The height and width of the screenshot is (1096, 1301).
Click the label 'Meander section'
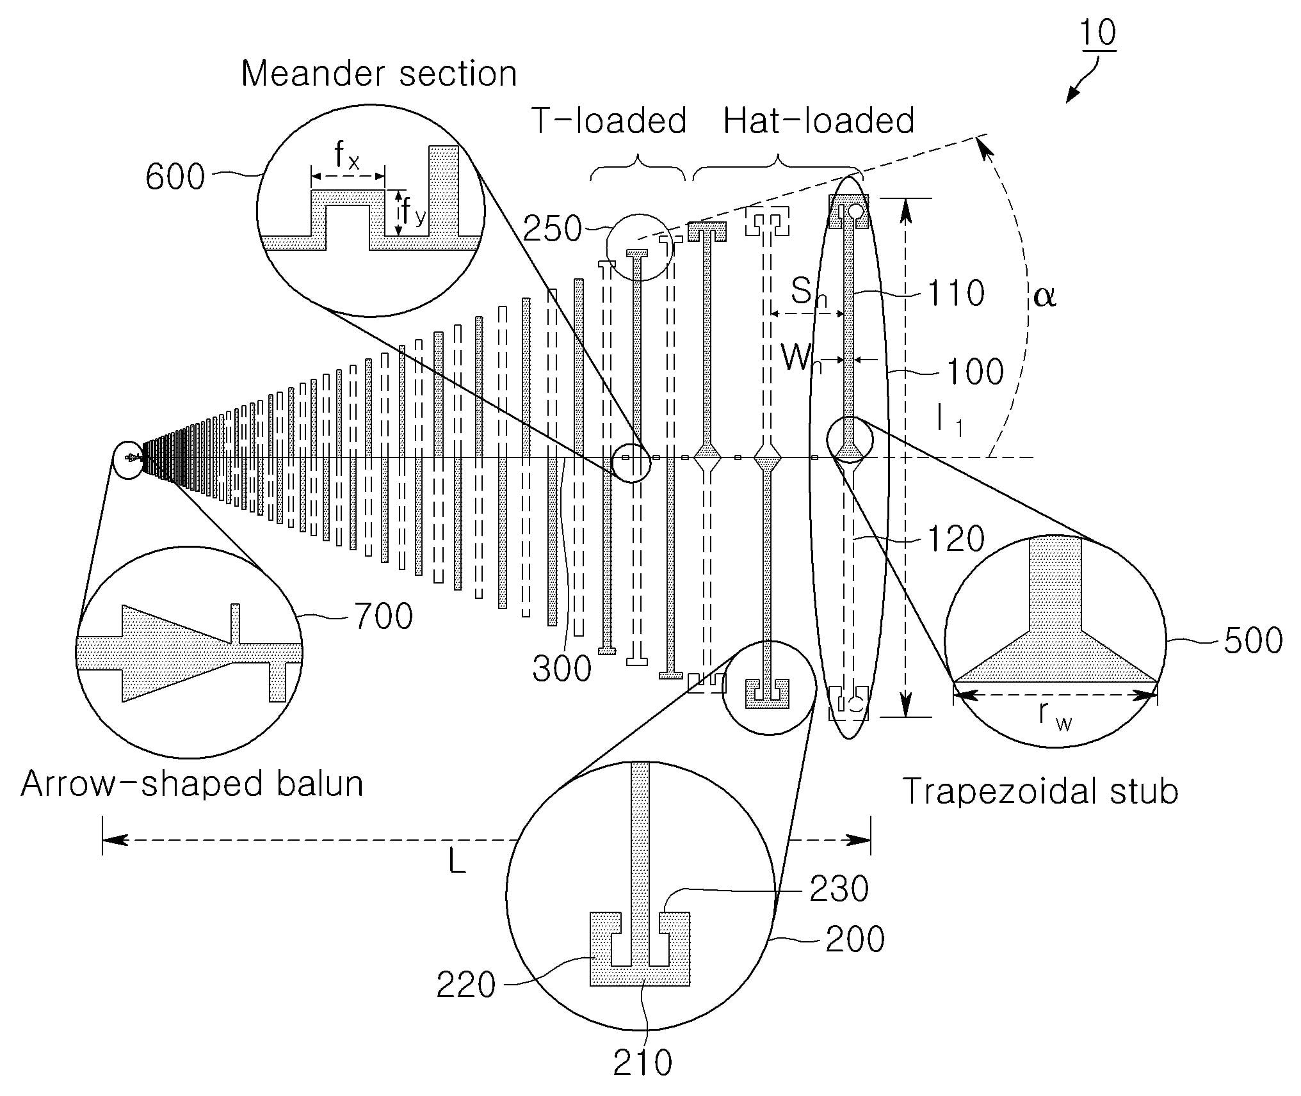point(379,74)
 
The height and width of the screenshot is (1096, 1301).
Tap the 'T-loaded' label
point(609,121)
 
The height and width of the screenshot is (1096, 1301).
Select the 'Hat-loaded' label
point(818,121)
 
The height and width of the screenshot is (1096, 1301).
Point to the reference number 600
point(175,177)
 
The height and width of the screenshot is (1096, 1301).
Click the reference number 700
point(383,617)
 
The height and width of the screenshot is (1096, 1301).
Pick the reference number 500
point(1253,640)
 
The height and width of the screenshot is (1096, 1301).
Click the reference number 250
point(552,228)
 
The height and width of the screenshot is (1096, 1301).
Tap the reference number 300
point(562,669)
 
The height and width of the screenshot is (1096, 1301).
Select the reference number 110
point(956,293)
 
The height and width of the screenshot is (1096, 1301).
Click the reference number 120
point(955,539)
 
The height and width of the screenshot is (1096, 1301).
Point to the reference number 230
point(839,889)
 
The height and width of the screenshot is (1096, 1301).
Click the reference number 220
point(466,985)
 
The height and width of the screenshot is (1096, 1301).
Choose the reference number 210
point(642,1063)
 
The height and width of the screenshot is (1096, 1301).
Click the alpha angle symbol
point(1044,296)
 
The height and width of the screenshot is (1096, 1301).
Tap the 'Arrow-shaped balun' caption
point(192,784)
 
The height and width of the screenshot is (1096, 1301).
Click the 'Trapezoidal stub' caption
point(1040,791)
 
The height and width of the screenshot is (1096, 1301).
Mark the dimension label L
point(457,862)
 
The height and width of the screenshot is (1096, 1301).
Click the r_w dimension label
point(1055,715)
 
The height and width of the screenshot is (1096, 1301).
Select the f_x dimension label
point(346,156)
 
